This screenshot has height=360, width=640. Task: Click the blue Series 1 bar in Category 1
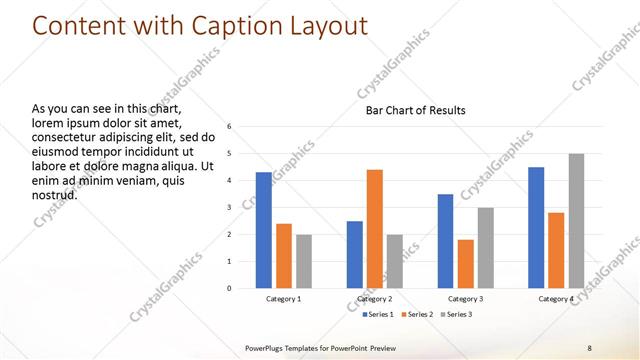(263, 230)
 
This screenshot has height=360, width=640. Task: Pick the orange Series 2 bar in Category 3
(465, 263)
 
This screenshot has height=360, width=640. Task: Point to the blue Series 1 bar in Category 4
(536, 227)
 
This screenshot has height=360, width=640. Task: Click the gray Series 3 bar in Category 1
(304, 261)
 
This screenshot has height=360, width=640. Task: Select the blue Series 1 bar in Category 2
(354, 254)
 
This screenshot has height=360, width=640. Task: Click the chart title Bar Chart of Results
(414, 110)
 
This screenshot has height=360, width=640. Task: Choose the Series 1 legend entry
(376, 315)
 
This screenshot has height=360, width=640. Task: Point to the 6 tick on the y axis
(230, 127)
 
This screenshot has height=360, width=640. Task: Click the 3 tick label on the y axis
(230, 207)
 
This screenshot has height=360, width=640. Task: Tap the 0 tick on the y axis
(230, 288)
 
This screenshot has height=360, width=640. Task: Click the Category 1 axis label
(284, 299)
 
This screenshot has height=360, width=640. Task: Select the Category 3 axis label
(465, 299)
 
